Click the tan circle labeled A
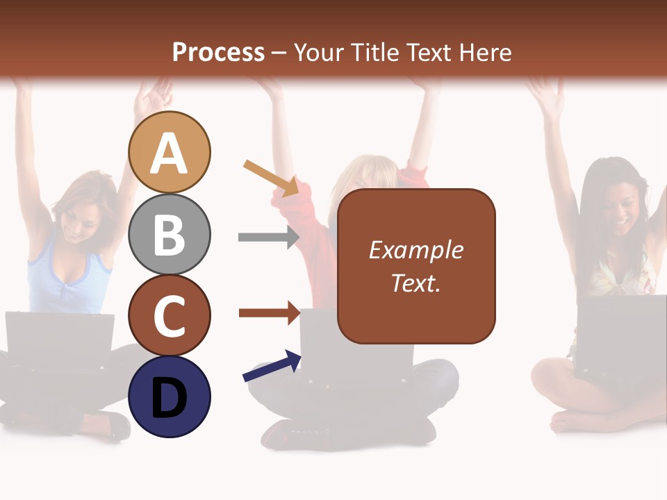pos(169,152)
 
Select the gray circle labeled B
pos(169,234)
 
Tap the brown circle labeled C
pos(169,315)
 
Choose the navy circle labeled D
pos(169,397)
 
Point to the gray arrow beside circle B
pos(268,237)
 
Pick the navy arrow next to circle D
pos(272,366)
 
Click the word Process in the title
pos(218,52)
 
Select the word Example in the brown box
pos(415,250)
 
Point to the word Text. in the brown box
pos(415,283)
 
